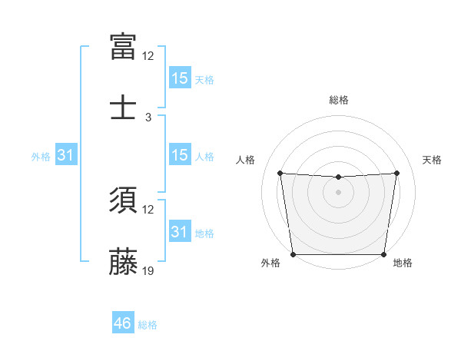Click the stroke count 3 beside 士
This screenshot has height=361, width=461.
(148, 117)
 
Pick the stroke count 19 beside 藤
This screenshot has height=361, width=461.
(148, 270)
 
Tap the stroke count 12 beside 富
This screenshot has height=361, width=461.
(148, 56)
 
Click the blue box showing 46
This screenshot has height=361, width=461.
(123, 323)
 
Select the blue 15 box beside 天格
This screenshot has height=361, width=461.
(179, 78)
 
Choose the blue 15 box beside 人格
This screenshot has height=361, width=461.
(179, 155)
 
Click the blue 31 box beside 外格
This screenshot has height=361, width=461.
(66, 155)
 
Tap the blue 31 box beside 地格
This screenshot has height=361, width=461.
(179, 232)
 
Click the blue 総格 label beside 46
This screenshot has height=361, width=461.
(148, 325)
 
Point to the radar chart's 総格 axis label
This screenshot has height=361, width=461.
(338, 100)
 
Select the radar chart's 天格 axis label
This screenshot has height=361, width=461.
(432, 160)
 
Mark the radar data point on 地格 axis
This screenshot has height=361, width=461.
(383, 254)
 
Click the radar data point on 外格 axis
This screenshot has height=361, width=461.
(293, 254)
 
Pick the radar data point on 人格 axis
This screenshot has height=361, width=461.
(280, 173)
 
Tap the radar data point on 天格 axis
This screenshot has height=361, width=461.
(397, 173)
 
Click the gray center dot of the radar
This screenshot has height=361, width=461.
(338, 192)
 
